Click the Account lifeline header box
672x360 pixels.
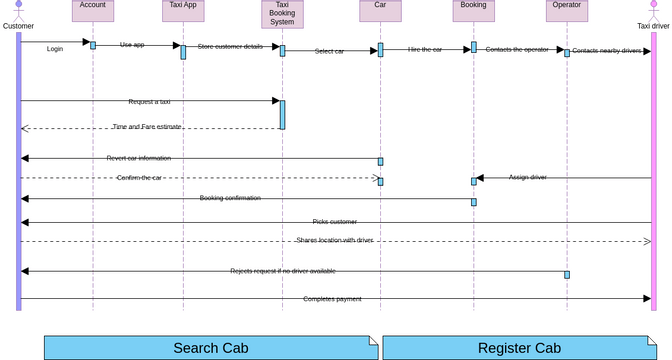93,10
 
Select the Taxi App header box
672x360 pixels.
183,10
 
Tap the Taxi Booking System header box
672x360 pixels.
282,14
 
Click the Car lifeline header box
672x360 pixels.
380,10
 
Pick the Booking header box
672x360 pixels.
473,10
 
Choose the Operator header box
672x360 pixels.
566,10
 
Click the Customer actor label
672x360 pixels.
18,26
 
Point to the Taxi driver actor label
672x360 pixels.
653,26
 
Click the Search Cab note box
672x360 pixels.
211,348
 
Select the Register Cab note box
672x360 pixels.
519,348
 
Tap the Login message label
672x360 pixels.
55,48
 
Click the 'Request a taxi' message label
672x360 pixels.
149,102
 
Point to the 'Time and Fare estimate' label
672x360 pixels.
146,127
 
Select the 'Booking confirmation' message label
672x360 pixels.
230,198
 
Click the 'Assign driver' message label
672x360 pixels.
527,177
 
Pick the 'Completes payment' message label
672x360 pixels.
333,298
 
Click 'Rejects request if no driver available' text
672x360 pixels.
283,271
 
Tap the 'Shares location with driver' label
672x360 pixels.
335,240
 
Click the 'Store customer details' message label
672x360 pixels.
230,47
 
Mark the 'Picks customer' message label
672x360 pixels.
334,222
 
